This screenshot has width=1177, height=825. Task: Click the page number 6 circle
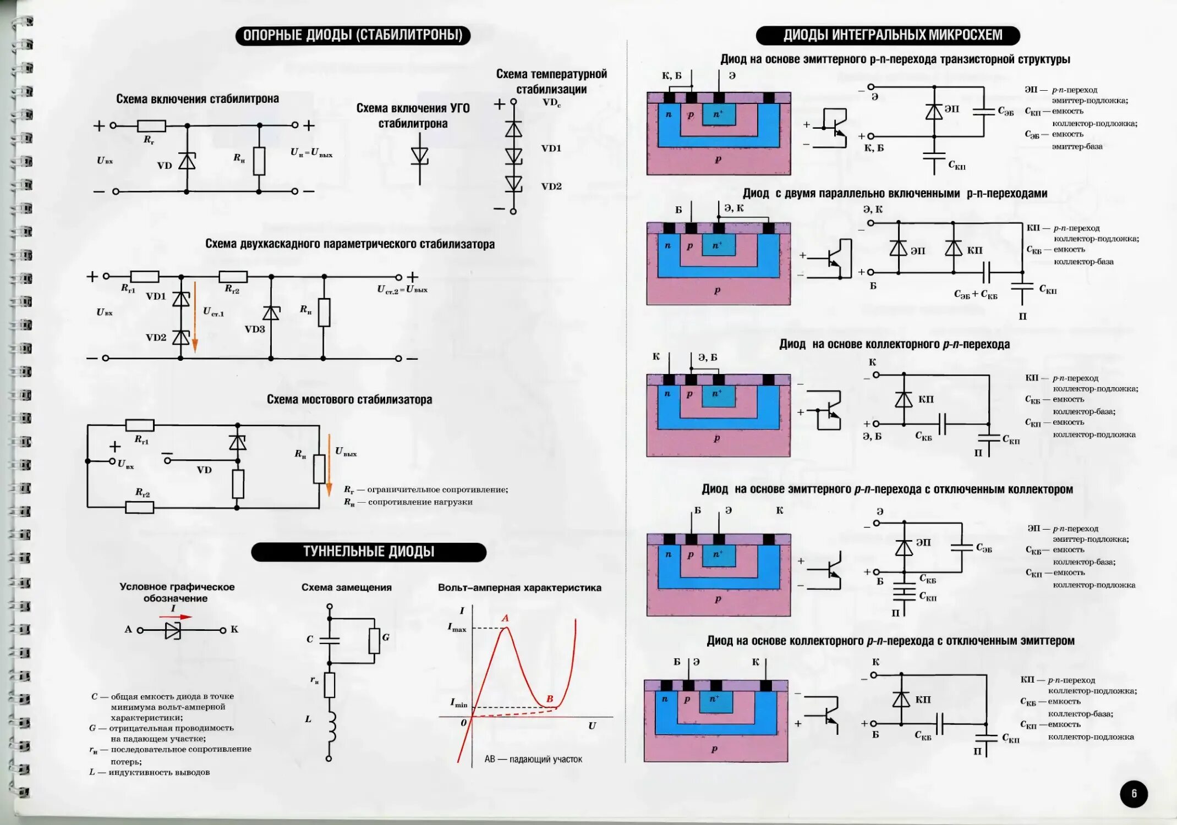(1134, 794)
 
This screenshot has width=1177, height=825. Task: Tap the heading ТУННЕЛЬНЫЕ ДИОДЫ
(369, 552)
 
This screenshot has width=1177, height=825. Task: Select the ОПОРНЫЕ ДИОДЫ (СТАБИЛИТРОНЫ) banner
(353, 35)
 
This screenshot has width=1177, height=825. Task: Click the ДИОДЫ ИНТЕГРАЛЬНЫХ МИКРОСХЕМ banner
(888, 35)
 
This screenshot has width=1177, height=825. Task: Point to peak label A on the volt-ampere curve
(505, 618)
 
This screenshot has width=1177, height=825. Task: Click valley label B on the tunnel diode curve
(549, 698)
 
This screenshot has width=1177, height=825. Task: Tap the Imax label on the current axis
(457, 628)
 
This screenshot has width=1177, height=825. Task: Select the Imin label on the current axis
(458, 703)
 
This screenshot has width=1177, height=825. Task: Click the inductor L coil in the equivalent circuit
(331, 726)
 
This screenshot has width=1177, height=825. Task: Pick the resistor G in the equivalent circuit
(374, 641)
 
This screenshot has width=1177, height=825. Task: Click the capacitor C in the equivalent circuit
(330, 640)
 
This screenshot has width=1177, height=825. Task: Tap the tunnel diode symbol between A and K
(173, 630)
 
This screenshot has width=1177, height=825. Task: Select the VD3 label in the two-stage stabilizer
(255, 329)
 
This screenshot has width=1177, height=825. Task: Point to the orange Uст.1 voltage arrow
(195, 324)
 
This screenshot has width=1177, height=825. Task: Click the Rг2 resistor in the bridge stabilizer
(140, 507)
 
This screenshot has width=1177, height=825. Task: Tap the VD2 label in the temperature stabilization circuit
(551, 186)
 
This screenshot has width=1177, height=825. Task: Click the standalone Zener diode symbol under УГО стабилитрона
(419, 157)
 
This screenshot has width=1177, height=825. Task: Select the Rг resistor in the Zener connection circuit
(151, 125)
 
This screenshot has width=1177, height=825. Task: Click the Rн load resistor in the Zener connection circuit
(259, 161)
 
